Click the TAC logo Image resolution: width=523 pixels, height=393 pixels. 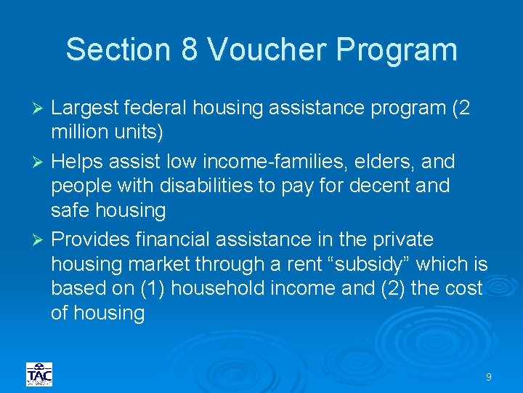(38, 374)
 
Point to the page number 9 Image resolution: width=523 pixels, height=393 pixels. (489, 376)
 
